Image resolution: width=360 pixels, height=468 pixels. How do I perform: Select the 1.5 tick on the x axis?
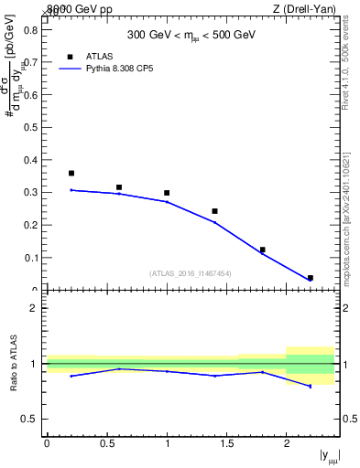click(226, 443)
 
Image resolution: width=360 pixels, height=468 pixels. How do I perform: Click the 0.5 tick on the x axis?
click(106, 443)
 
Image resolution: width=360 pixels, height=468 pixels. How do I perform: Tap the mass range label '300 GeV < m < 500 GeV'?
click(191, 36)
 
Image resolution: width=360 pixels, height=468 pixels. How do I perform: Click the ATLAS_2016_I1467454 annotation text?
click(190, 272)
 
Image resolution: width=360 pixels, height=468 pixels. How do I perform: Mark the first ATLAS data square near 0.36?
click(71, 173)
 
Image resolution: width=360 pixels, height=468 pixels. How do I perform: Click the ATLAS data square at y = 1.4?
click(214, 211)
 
